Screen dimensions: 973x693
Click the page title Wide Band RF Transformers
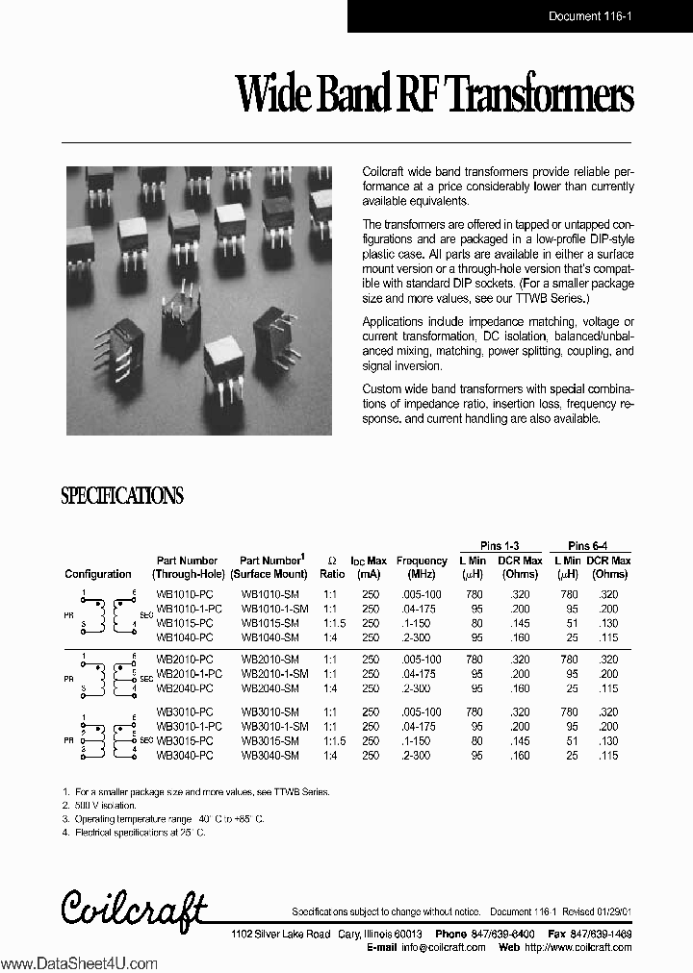tap(435, 97)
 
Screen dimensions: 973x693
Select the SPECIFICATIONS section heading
tap(122, 496)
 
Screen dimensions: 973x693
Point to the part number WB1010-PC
tap(185, 595)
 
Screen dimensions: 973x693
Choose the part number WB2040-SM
tap(269, 687)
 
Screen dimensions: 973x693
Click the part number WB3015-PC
tap(185, 740)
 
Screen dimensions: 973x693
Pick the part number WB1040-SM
tap(269, 636)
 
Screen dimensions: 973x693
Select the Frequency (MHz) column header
tap(422, 567)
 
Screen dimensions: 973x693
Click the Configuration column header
tap(98, 574)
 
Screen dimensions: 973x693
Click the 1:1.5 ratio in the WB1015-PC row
tap(331, 623)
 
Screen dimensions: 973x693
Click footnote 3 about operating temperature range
tap(162, 818)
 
